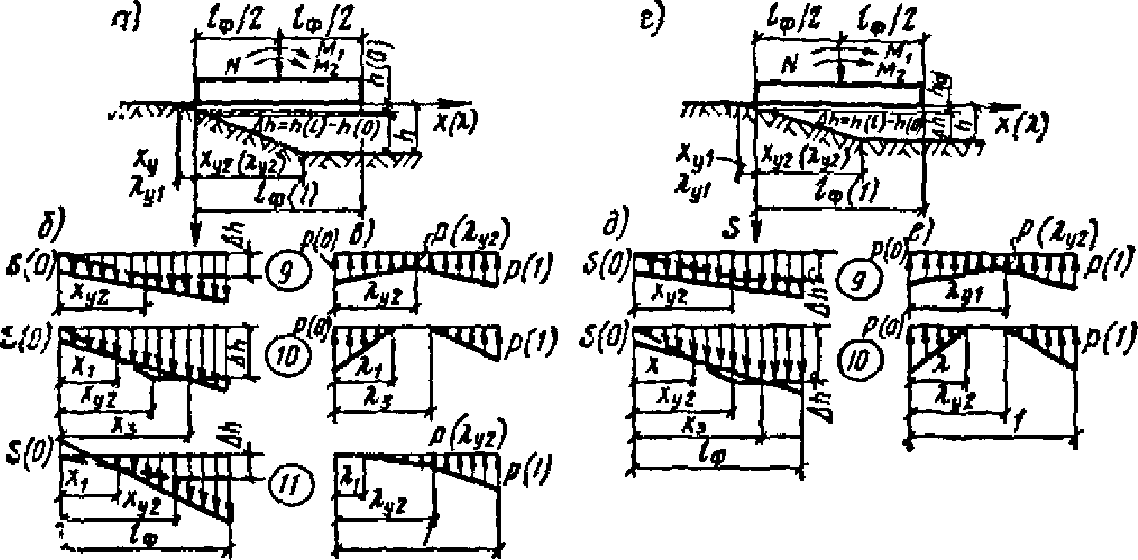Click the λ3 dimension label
[x=375, y=403]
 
